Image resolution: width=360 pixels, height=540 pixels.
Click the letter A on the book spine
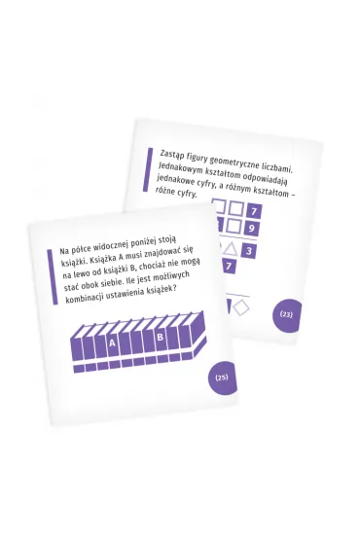(x=112, y=343)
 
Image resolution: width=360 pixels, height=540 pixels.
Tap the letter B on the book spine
(x=160, y=337)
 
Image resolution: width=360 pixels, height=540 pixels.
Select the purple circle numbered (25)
(x=223, y=378)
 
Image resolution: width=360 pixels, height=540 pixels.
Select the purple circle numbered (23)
(x=287, y=315)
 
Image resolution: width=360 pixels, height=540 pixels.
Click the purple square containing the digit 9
(x=251, y=228)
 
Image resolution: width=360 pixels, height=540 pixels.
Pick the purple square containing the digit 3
(x=249, y=250)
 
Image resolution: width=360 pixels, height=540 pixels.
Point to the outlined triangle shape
(x=231, y=249)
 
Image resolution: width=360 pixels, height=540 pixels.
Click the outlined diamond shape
(x=241, y=307)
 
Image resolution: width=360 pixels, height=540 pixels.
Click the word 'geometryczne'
(x=234, y=163)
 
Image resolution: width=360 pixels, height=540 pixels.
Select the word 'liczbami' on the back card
(x=277, y=168)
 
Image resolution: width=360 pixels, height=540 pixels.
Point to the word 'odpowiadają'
(x=267, y=178)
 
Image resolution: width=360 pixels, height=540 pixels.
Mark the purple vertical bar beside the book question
(x=53, y=277)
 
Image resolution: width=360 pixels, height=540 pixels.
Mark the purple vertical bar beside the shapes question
(x=148, y=169)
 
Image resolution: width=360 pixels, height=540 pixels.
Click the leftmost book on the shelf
(x=77, y=347)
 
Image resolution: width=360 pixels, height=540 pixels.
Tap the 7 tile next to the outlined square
(x=254, y=211)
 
